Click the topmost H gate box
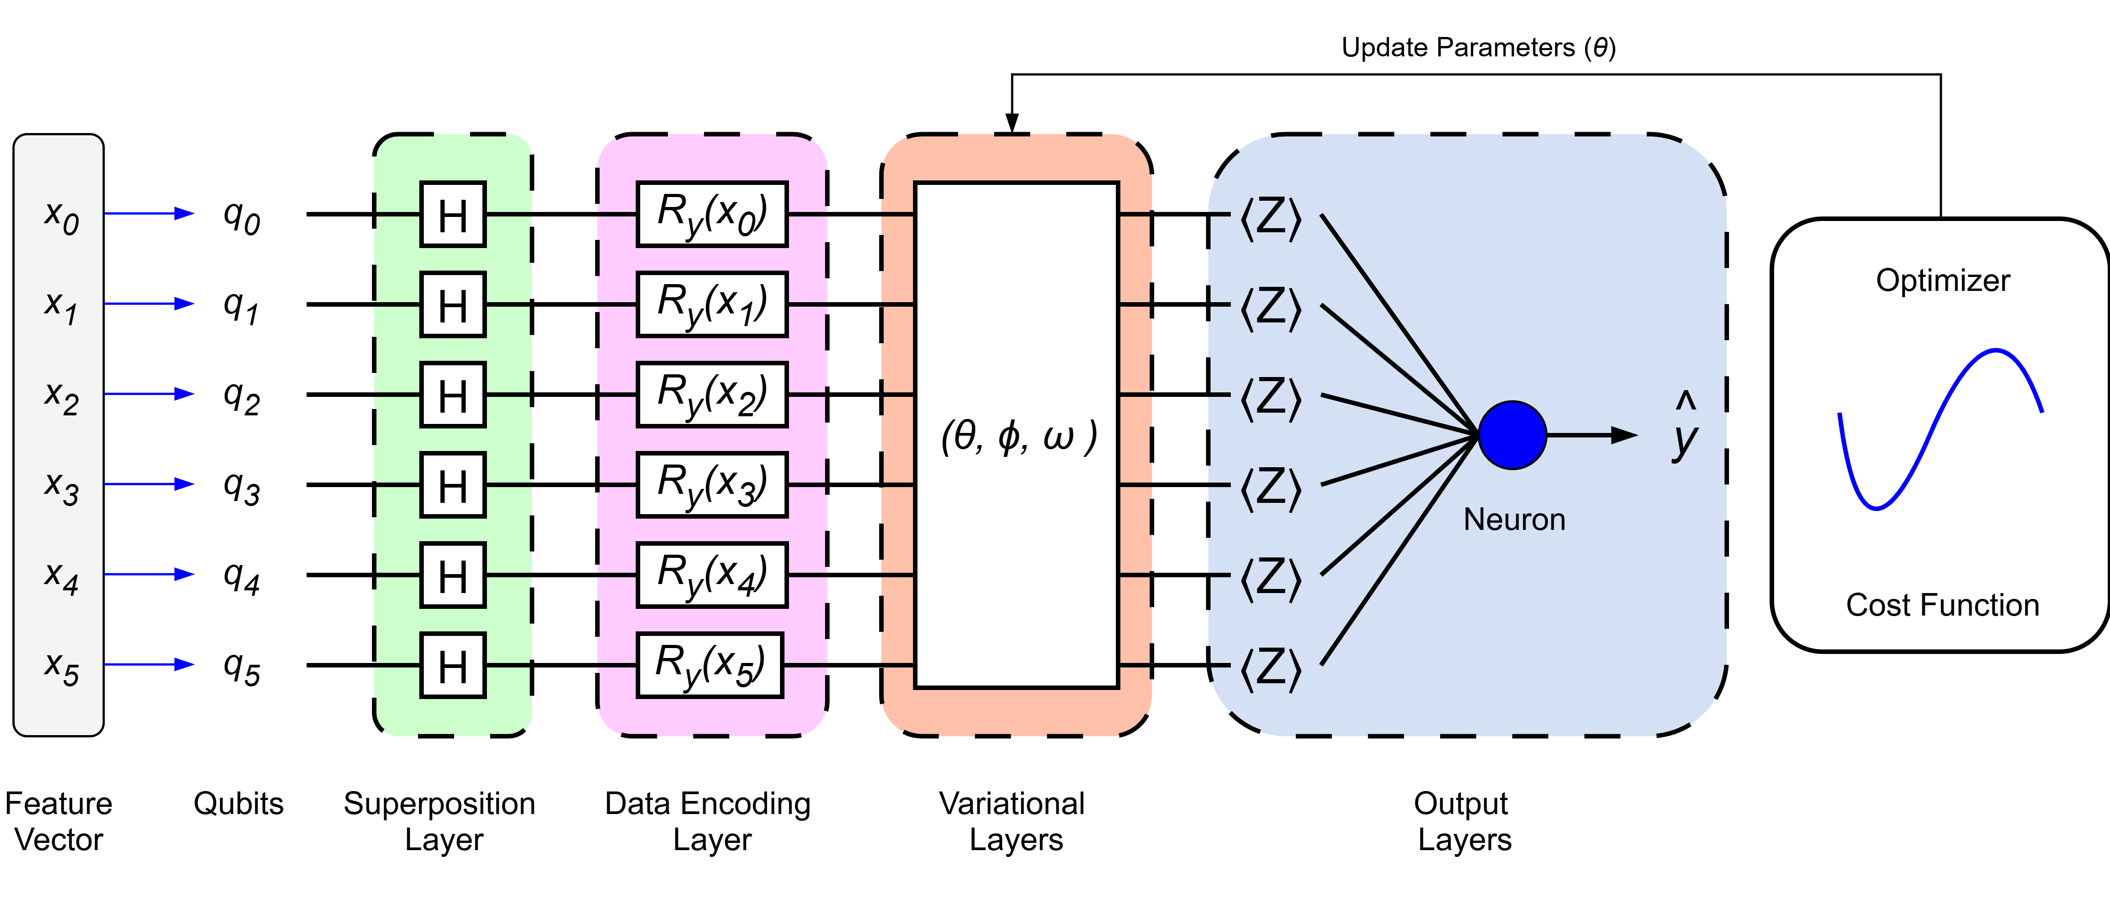click(x=453, y=215)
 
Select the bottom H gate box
click(x=453, y=665)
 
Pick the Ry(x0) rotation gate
click(x=712, y=215)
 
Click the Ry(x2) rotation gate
click(x=712, y=395)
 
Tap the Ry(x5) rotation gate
click(x=709, y=665)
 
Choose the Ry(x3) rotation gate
click(x=712, y=485)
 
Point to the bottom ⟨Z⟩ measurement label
click(x=1271, y=668)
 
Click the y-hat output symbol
click(x=1685, y=430)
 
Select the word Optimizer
click(x=1943, y=280)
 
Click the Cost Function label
click(x=1943, y=605)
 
